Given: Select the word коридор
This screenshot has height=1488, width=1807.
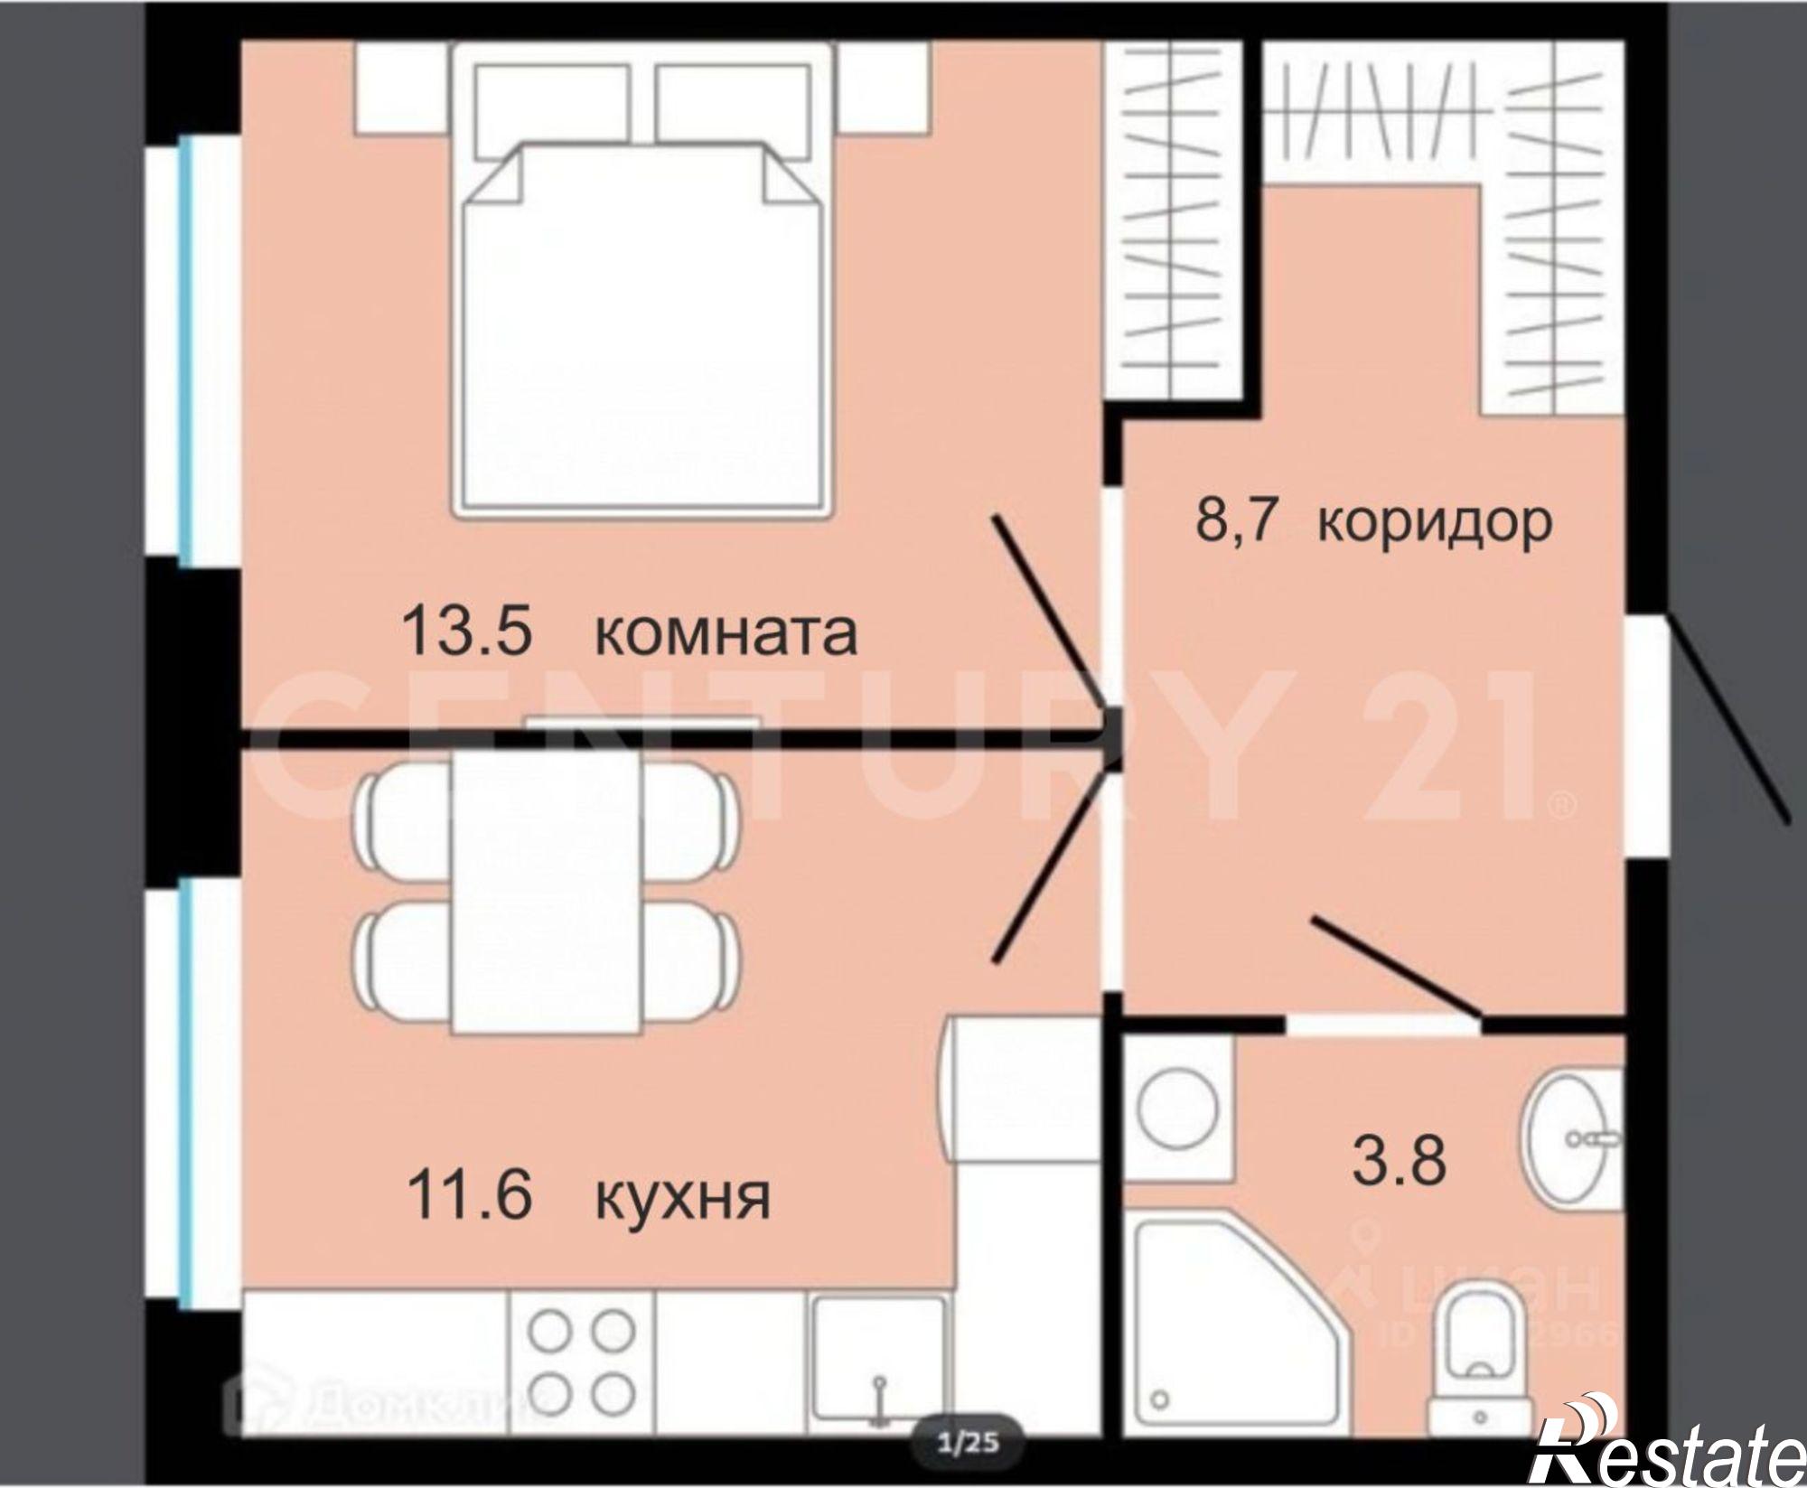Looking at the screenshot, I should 1434,521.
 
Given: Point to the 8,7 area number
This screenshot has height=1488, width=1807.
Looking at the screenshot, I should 1234,519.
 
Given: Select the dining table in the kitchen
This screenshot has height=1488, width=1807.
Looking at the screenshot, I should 546,890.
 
